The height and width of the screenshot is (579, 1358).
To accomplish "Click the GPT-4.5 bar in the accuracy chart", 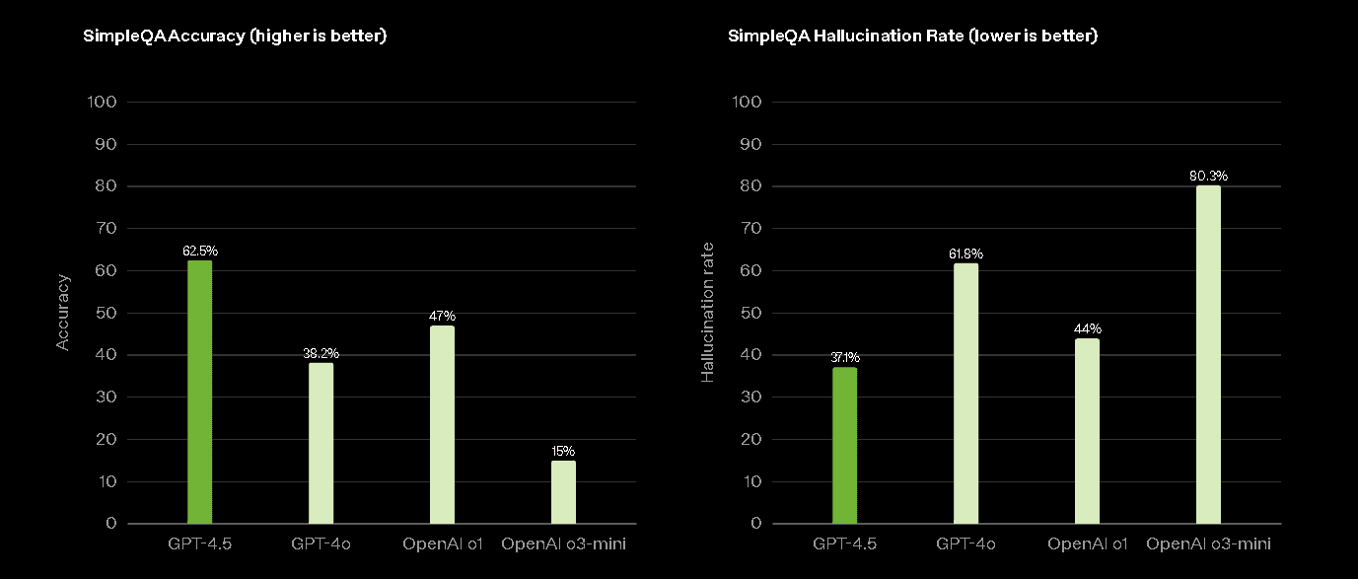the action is click(x=199, y=392).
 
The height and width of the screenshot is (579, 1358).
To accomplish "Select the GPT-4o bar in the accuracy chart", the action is click(x=321, y=443).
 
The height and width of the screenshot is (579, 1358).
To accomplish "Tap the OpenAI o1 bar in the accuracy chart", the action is click(x=442, y=424).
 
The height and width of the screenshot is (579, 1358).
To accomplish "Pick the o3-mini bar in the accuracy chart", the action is click(x=563, y=491).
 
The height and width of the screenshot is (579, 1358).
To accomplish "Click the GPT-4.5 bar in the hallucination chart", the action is click(x=844, y=445).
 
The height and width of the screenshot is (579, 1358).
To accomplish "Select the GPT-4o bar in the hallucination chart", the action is click(x=965, y=393).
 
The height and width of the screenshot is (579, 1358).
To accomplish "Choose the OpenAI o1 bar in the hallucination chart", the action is click(x=1087, y=430).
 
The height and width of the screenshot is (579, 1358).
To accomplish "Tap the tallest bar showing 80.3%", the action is click(x=1208, y=354).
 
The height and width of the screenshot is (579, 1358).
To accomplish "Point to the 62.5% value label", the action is click(x=200, y=251).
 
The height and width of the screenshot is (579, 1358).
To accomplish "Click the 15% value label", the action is click(x=563, y=451).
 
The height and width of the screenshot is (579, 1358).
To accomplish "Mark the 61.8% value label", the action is click(x=965, y=253).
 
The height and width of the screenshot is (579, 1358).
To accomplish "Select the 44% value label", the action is click(x=1088, y=328).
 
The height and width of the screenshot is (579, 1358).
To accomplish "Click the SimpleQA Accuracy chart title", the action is click(x=235, y=36).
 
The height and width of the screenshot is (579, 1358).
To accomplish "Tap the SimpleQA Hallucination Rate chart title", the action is click(x=912, y=36).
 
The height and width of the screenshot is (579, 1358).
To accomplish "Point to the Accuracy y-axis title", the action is click(x=62, y=313).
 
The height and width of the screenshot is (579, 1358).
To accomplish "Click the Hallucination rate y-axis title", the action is click(x=707, y=313).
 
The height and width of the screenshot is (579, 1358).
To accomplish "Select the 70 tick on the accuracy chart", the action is click(x=107, y=228).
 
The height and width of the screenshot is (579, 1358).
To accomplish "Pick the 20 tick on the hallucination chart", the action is click(x=750, y=439).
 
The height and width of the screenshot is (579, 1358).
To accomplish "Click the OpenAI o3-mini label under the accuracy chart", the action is click(x=563, y=543).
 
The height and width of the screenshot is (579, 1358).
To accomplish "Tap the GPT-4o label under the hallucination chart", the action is click(x=965, y=543).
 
